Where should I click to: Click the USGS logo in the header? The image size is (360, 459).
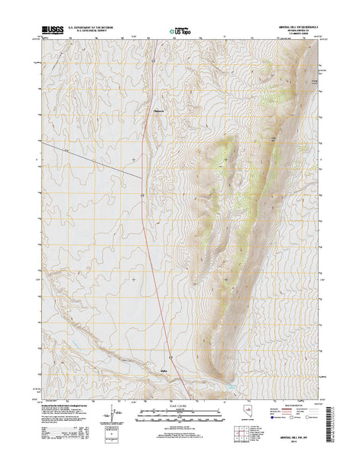(x=54, y=30)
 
